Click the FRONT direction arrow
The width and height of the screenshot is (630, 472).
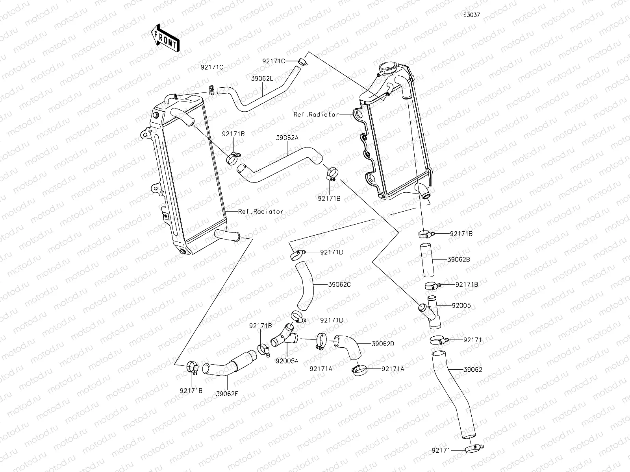click(165, 38)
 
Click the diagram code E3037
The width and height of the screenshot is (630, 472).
click(472, 15)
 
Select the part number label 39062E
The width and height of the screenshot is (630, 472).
click(262, 79)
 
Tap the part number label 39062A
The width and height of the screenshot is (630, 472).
click(287, 138)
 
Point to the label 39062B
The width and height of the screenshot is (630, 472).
click(459, 260)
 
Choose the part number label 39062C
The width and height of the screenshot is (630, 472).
click(339, 284)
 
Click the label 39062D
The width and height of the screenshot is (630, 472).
click(383, 344)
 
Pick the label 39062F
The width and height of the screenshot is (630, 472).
click(227, 394)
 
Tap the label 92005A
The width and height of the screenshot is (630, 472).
click(287, 361)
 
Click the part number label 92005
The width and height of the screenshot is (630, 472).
click(461, 306)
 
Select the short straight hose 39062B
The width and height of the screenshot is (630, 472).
click(427, 260)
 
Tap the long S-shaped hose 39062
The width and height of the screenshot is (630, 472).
click(453, 395)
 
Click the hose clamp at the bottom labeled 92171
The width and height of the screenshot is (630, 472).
click(474, 449)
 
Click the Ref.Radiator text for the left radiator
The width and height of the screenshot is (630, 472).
click(261, 212)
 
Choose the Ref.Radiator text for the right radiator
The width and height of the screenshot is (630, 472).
click(316, 114)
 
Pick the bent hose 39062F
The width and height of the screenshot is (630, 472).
click(229, 363)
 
